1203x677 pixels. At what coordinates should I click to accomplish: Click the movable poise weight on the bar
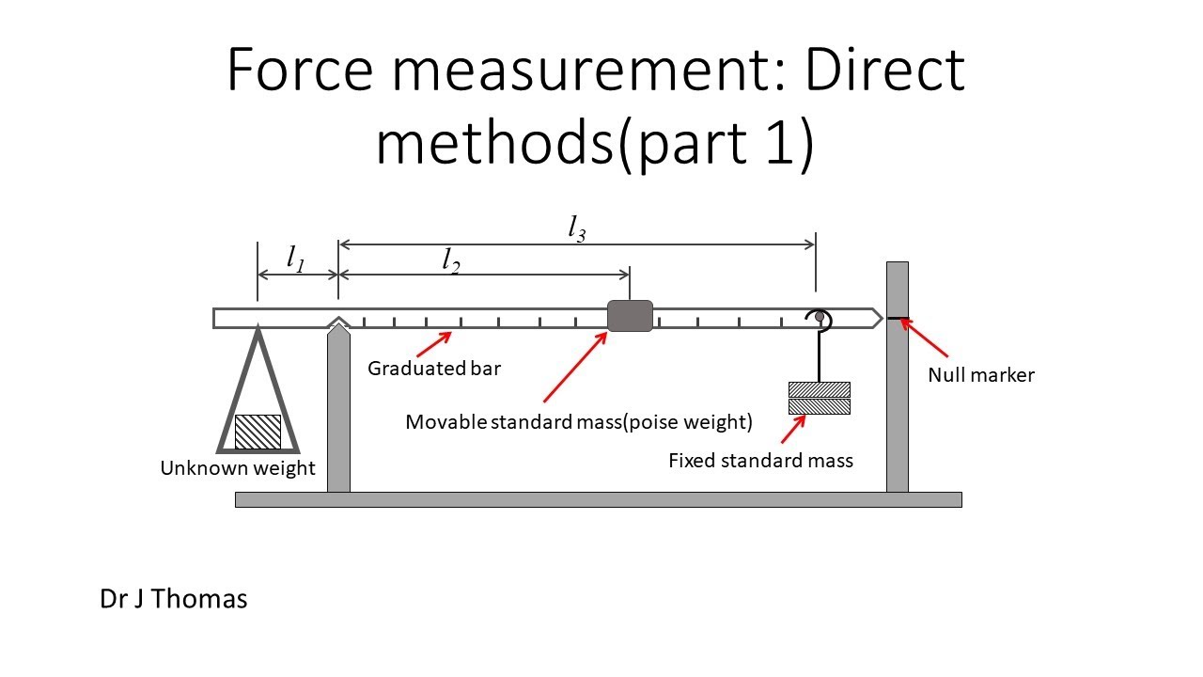tap(630, 316)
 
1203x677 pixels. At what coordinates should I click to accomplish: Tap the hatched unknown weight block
tap(258, 432)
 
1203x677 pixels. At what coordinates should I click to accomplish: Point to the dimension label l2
tap(451, 261)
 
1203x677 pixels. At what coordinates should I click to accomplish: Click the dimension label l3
tap(577, 228)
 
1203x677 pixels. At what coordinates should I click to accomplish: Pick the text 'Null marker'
tap(981, 375)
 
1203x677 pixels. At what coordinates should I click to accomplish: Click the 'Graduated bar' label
tap(434, 369)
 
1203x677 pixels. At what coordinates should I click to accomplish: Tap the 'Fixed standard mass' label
tap(760, 461)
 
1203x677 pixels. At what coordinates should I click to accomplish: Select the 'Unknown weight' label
tap(238, 468)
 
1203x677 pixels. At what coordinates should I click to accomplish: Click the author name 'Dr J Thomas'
tap(174, 599)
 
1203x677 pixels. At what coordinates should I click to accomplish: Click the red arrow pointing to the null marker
tap(924, 338)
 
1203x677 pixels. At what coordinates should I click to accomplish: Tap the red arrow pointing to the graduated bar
tap(434, 344)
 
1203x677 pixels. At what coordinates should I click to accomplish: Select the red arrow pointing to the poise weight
tap(575, 367)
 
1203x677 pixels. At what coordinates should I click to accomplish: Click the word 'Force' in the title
tap(300, 70)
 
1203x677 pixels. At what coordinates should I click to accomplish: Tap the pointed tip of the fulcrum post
tap(338, 323)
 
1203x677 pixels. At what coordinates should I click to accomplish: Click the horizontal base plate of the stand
tap(599, 499)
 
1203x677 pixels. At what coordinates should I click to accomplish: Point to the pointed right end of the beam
tap(883, 318)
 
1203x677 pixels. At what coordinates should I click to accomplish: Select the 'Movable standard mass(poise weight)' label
tap(579, 422)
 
